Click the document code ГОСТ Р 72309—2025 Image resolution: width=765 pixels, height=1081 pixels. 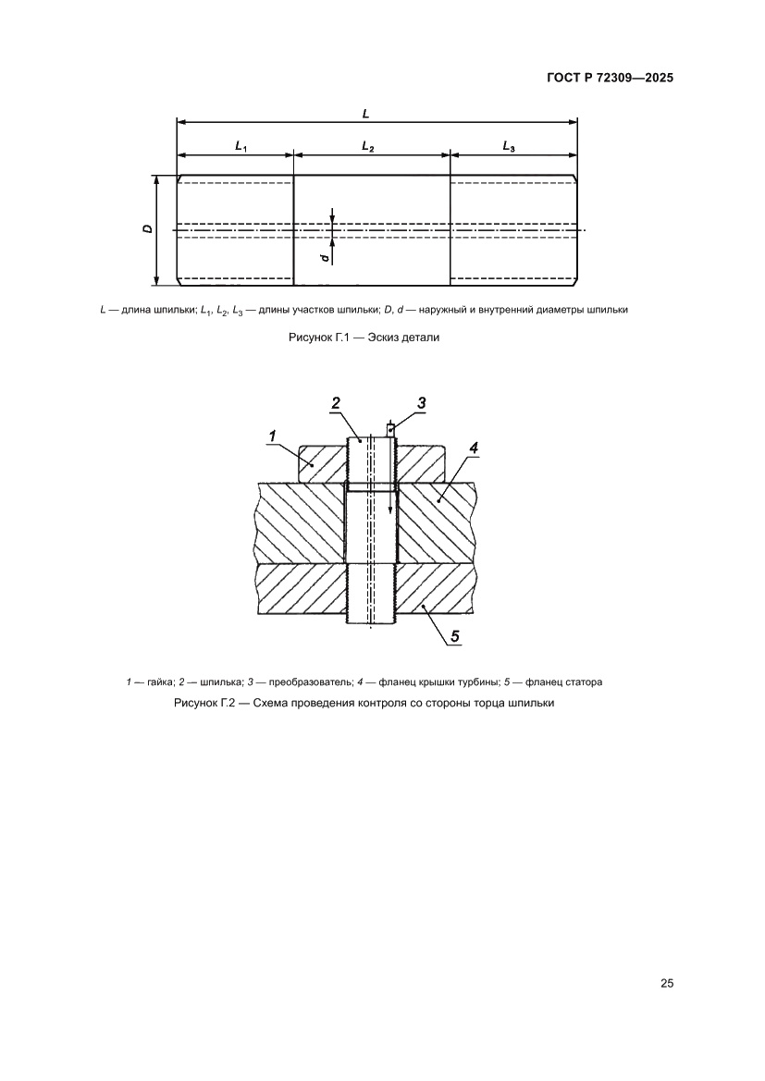click(604, 78)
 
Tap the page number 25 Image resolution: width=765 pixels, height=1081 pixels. click(666, 983)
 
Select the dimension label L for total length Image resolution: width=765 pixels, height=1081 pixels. click(366, 113)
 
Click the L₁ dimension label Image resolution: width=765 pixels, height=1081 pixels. click(241, 146)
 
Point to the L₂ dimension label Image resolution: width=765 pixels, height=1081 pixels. click(367, 146)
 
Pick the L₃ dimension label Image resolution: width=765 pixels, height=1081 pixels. click(510, 146)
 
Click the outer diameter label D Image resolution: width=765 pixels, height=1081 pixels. click(148, 227)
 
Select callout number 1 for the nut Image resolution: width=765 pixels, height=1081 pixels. click(274, 435)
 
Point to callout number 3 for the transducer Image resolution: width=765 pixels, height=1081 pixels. click(421, 402)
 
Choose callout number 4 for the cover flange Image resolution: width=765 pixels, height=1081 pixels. click(473, 449)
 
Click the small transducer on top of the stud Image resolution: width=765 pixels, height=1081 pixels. click(390, 428)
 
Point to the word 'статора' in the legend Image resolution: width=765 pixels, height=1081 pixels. click(585, 682)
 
